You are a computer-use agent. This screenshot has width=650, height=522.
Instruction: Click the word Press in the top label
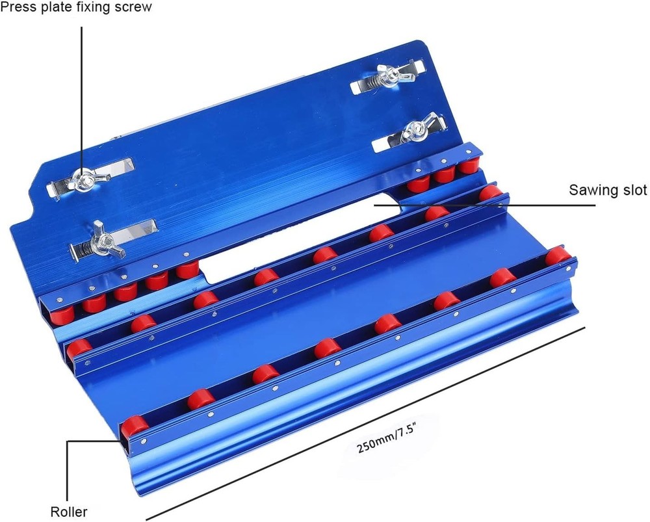tap(18, 8)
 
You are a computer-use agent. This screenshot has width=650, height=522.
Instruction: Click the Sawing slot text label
tap(608, 190)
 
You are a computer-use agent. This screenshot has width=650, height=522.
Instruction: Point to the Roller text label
tap(69, 512)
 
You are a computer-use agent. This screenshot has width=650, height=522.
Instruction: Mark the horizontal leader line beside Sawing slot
tap(494, 205)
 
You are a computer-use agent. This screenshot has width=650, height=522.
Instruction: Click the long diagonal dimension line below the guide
tap(364, 423)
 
